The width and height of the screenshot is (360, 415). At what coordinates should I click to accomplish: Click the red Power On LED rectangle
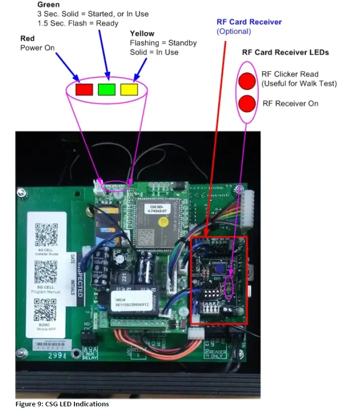84,89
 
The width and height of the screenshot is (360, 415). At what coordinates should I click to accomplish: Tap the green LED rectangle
107,89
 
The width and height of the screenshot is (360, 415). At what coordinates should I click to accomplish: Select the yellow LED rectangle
129,89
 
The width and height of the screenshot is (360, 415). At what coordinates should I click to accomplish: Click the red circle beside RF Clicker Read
247,81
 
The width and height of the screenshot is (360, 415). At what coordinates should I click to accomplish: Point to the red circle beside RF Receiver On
247,104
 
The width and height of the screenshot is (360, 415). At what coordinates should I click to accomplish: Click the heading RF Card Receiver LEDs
285,52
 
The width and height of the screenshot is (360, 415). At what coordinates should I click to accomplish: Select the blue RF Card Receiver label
249,22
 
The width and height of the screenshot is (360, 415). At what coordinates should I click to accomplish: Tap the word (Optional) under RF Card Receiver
234,31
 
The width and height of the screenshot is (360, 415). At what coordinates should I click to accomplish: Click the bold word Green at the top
48,5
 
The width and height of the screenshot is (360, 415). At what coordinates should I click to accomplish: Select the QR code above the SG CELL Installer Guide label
46,233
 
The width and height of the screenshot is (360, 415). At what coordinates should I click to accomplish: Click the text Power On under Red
37,48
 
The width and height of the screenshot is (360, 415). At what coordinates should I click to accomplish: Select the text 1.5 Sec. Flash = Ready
78,23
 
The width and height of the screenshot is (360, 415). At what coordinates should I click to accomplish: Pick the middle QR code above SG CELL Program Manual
46,271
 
